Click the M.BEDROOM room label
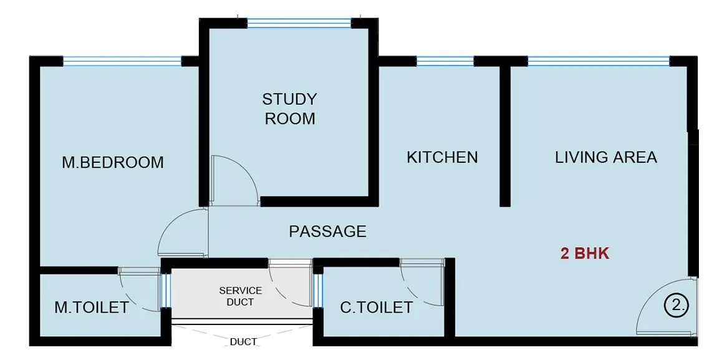coord(113,162)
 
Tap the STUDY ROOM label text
coord(289,109)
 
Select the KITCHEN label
coord(442,157)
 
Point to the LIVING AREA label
coord(606,157)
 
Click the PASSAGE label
coord(327,231)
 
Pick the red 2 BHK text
coord(584,254)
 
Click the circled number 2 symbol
coord(676,305)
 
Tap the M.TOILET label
coord(92,307)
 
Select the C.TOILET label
coord(376,307)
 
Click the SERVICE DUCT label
coord(240,296)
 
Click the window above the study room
coord(299,23)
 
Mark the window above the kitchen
coord(445,61)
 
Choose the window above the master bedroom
coord(122,61)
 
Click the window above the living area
coord(599,61)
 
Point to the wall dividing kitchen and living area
coord(505,134)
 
